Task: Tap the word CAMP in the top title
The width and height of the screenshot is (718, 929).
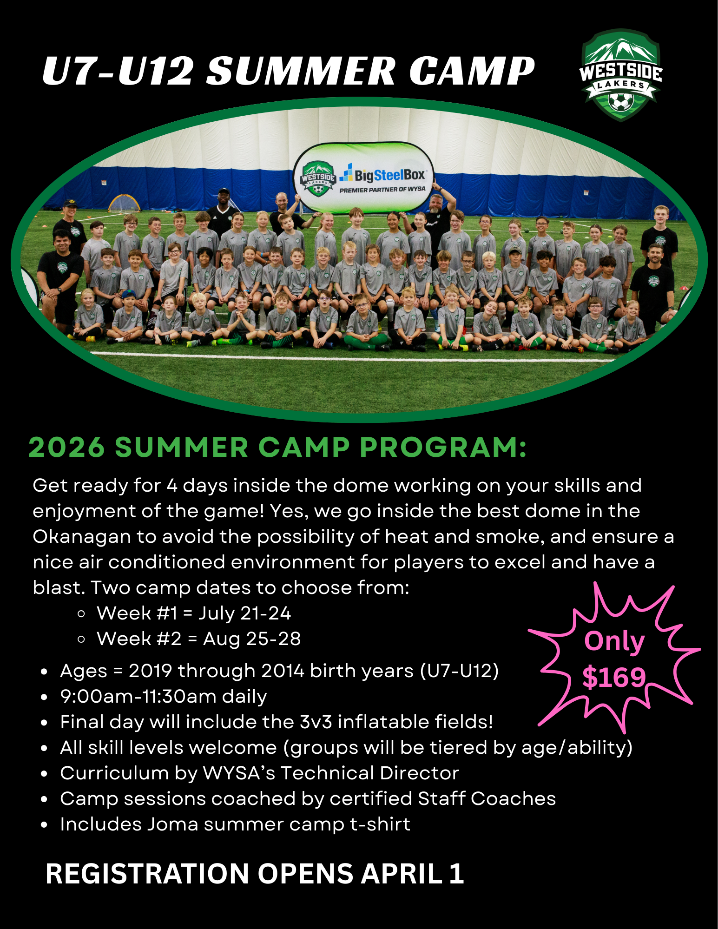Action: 472,71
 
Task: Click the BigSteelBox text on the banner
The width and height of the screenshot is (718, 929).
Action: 389,175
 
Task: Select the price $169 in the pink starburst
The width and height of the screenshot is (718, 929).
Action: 614,677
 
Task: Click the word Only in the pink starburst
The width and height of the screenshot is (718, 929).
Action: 614,642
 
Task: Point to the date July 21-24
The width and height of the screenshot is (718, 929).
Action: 244,613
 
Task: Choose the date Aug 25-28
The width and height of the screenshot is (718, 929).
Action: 252,639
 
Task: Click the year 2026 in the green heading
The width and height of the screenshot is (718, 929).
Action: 66,447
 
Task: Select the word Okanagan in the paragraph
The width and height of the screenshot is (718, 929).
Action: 82,537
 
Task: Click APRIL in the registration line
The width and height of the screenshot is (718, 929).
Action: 402,874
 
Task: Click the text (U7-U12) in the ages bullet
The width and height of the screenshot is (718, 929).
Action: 460,671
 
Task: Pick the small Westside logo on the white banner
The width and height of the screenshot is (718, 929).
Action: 318,178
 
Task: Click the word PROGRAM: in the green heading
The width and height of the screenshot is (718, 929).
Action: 443,447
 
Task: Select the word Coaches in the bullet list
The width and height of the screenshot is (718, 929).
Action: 513,798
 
